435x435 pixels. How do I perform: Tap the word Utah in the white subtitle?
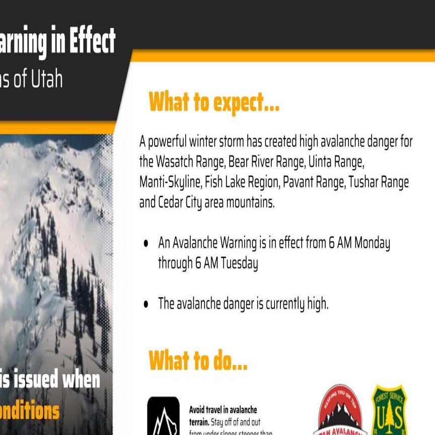[x=47, y=80]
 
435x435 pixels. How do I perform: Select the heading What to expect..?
[x=214, y=103]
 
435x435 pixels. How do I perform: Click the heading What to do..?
[x=198, y=360]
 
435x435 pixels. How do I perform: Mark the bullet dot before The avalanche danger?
[x=146, y=304]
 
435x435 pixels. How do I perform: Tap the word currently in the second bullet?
[x=274, y=304]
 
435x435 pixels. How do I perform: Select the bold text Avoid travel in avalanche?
[x=223, y=410]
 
